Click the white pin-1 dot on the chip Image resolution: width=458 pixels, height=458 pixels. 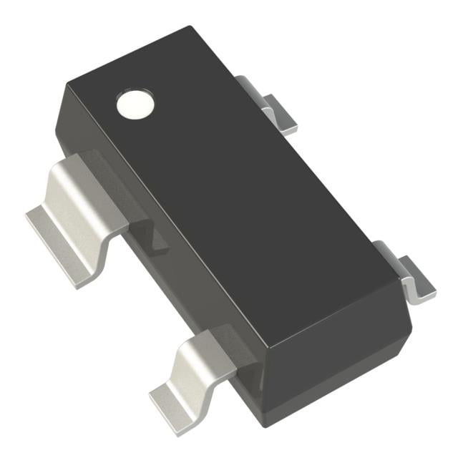click(x=135, y=104)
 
